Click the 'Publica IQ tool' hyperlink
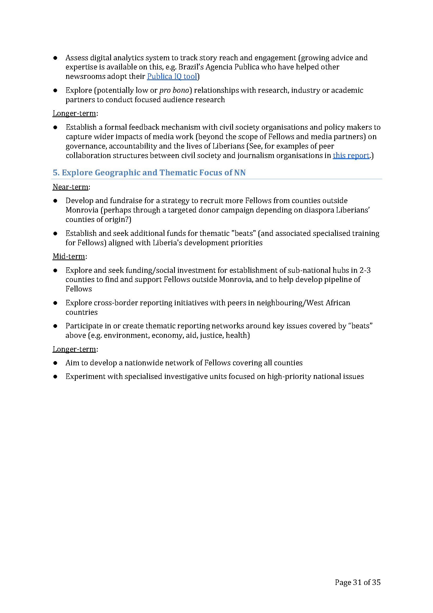coord(172,76)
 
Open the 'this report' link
coord(351,155)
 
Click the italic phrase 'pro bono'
coord(174,90)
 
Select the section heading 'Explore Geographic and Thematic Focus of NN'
coord(154,172)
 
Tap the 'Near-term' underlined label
coord(70,187)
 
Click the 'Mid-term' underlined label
coord(69,256)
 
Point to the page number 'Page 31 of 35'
coord(358,582)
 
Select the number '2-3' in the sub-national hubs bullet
coord(365,270)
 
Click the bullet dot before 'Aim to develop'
coord(55,363)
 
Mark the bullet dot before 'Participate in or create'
coord(55,326)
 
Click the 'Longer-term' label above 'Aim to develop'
coord(74,349)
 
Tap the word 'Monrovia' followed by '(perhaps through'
coord(82,210)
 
